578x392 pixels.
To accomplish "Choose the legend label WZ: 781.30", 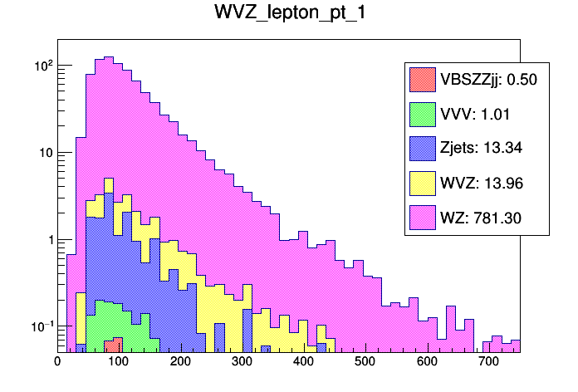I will click(482, 217).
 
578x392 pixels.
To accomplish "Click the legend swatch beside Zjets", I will click(423, 148).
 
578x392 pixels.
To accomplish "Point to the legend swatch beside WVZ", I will click(423, 183).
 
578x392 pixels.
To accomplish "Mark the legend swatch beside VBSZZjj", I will click(423, 80).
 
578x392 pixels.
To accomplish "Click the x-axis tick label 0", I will click(57, 362).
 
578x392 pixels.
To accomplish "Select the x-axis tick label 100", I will click(119, 362).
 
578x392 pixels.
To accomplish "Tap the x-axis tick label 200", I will click(180, 362).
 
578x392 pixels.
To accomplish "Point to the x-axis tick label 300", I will click(242, 362).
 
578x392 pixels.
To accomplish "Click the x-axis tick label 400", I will click(304, 362).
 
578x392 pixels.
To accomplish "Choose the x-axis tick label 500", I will click(365, 362).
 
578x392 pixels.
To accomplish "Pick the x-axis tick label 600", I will click(428, 362).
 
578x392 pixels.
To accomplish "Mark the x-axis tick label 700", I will click(489, 362).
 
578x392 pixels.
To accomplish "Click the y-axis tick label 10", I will click(47, 153).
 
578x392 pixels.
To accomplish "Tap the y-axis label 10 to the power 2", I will click(42, 65).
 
